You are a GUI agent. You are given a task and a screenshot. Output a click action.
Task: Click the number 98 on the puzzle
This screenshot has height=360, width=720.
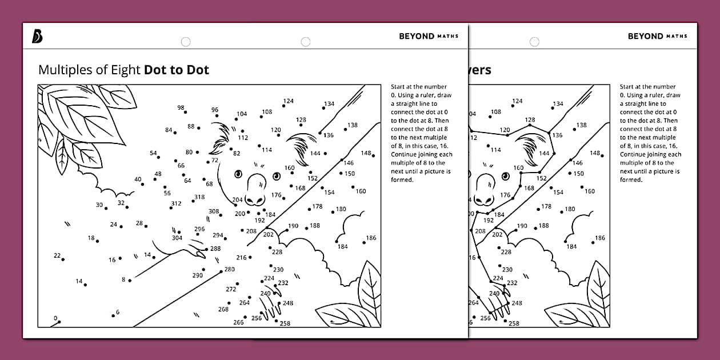click(181, 107)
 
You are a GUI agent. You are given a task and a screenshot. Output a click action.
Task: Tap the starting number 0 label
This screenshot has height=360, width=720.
click(55, 318)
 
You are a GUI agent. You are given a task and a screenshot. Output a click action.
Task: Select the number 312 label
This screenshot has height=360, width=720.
click(176, 203)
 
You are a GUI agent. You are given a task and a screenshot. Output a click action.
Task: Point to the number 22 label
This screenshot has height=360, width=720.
click(57, 255)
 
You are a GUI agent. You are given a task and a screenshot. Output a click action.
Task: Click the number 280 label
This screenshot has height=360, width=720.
click(229, 269)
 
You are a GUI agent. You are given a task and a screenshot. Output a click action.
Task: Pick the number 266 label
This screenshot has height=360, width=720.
click(238, 322)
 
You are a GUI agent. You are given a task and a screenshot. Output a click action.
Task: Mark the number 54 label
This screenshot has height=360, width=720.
click(153, 153)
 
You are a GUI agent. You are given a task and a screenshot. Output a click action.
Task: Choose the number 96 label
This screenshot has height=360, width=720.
click(214, 110)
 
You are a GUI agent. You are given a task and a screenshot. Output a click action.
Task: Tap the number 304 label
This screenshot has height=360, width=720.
click(177, 238)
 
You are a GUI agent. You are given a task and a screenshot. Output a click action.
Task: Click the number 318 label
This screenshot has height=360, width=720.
click(199, 197)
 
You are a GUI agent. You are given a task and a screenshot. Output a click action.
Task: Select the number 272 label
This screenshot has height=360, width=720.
click(231, 289)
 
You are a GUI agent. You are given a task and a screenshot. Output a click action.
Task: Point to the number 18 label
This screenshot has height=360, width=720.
click(91, 238)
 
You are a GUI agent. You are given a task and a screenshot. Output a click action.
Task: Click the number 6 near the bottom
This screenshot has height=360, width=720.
click(118, 312)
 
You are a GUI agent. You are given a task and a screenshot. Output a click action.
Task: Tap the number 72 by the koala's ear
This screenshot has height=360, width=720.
click(214, 161)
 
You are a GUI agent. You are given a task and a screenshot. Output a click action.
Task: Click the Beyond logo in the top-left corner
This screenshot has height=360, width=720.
click(37, 37)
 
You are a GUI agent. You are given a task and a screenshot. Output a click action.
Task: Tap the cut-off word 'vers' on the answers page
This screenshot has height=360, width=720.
click(480, 70)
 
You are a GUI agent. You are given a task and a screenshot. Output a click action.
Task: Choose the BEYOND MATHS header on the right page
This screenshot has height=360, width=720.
click(657, 36)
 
